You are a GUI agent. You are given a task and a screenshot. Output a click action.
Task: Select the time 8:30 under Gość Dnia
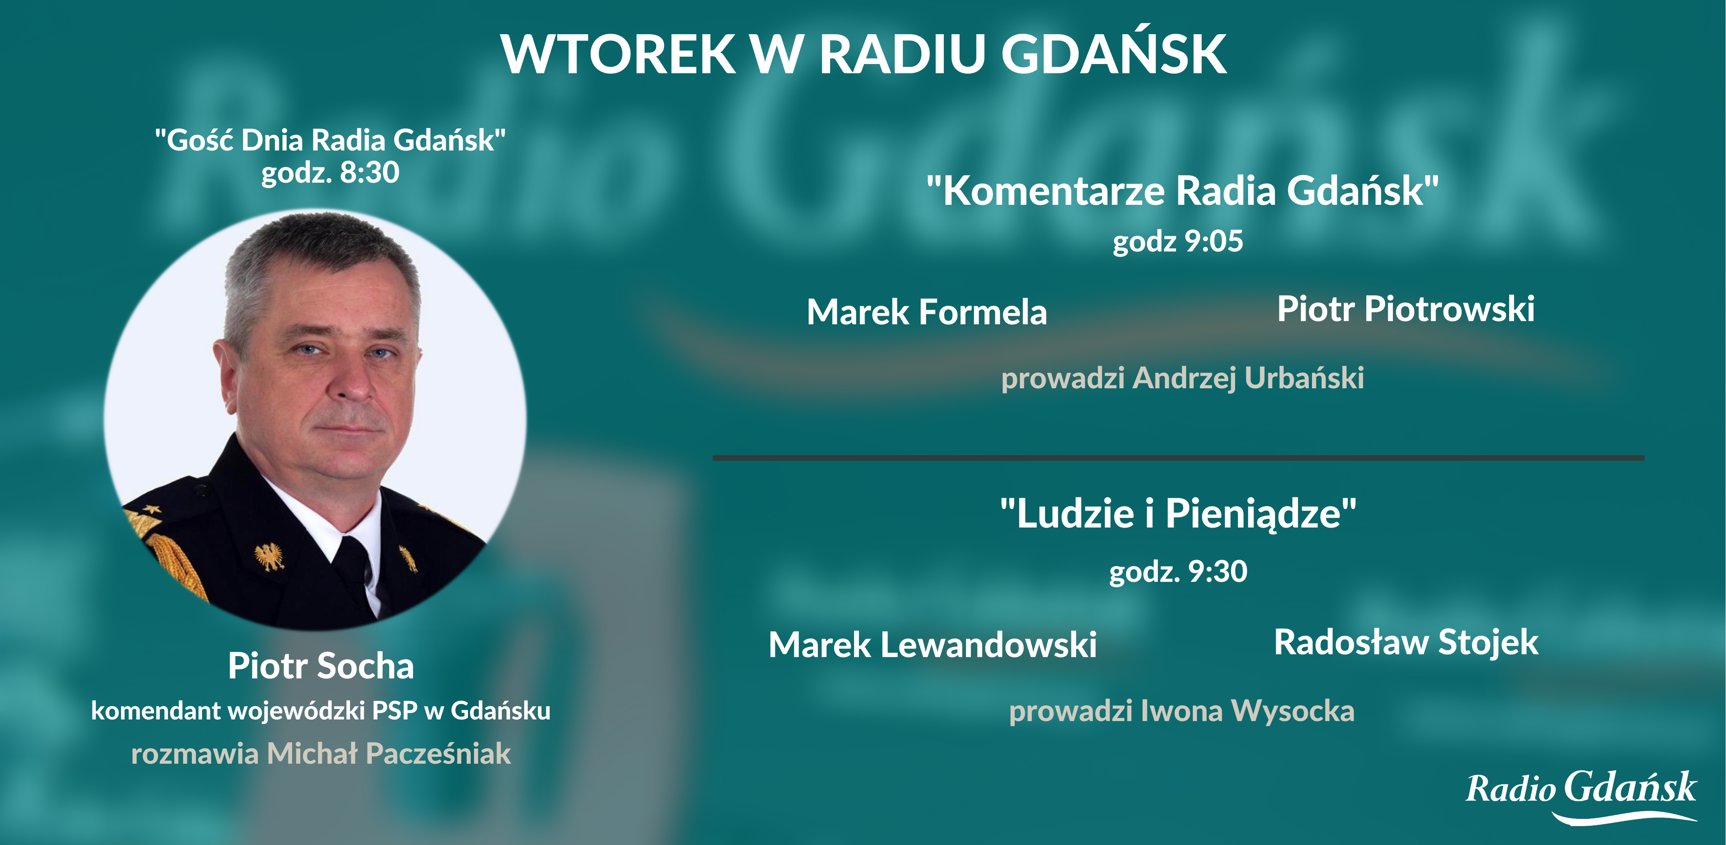[370, 172]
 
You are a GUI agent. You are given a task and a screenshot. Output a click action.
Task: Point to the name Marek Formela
[927, 312]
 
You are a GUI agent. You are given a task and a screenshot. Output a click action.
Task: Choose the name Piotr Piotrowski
[1406, 309]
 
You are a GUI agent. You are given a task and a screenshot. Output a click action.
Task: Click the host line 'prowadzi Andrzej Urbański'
[1182, 378]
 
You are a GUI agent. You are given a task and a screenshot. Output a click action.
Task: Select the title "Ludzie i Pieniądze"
[1178, 514]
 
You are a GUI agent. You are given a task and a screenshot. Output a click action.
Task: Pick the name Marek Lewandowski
[932, 645]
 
